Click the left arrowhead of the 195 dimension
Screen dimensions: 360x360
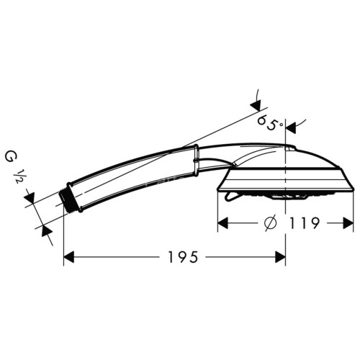(70, 256)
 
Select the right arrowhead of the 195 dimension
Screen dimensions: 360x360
(280, 256)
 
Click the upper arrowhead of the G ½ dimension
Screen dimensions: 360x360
(30, 197)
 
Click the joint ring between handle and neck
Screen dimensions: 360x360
(196, 160)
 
